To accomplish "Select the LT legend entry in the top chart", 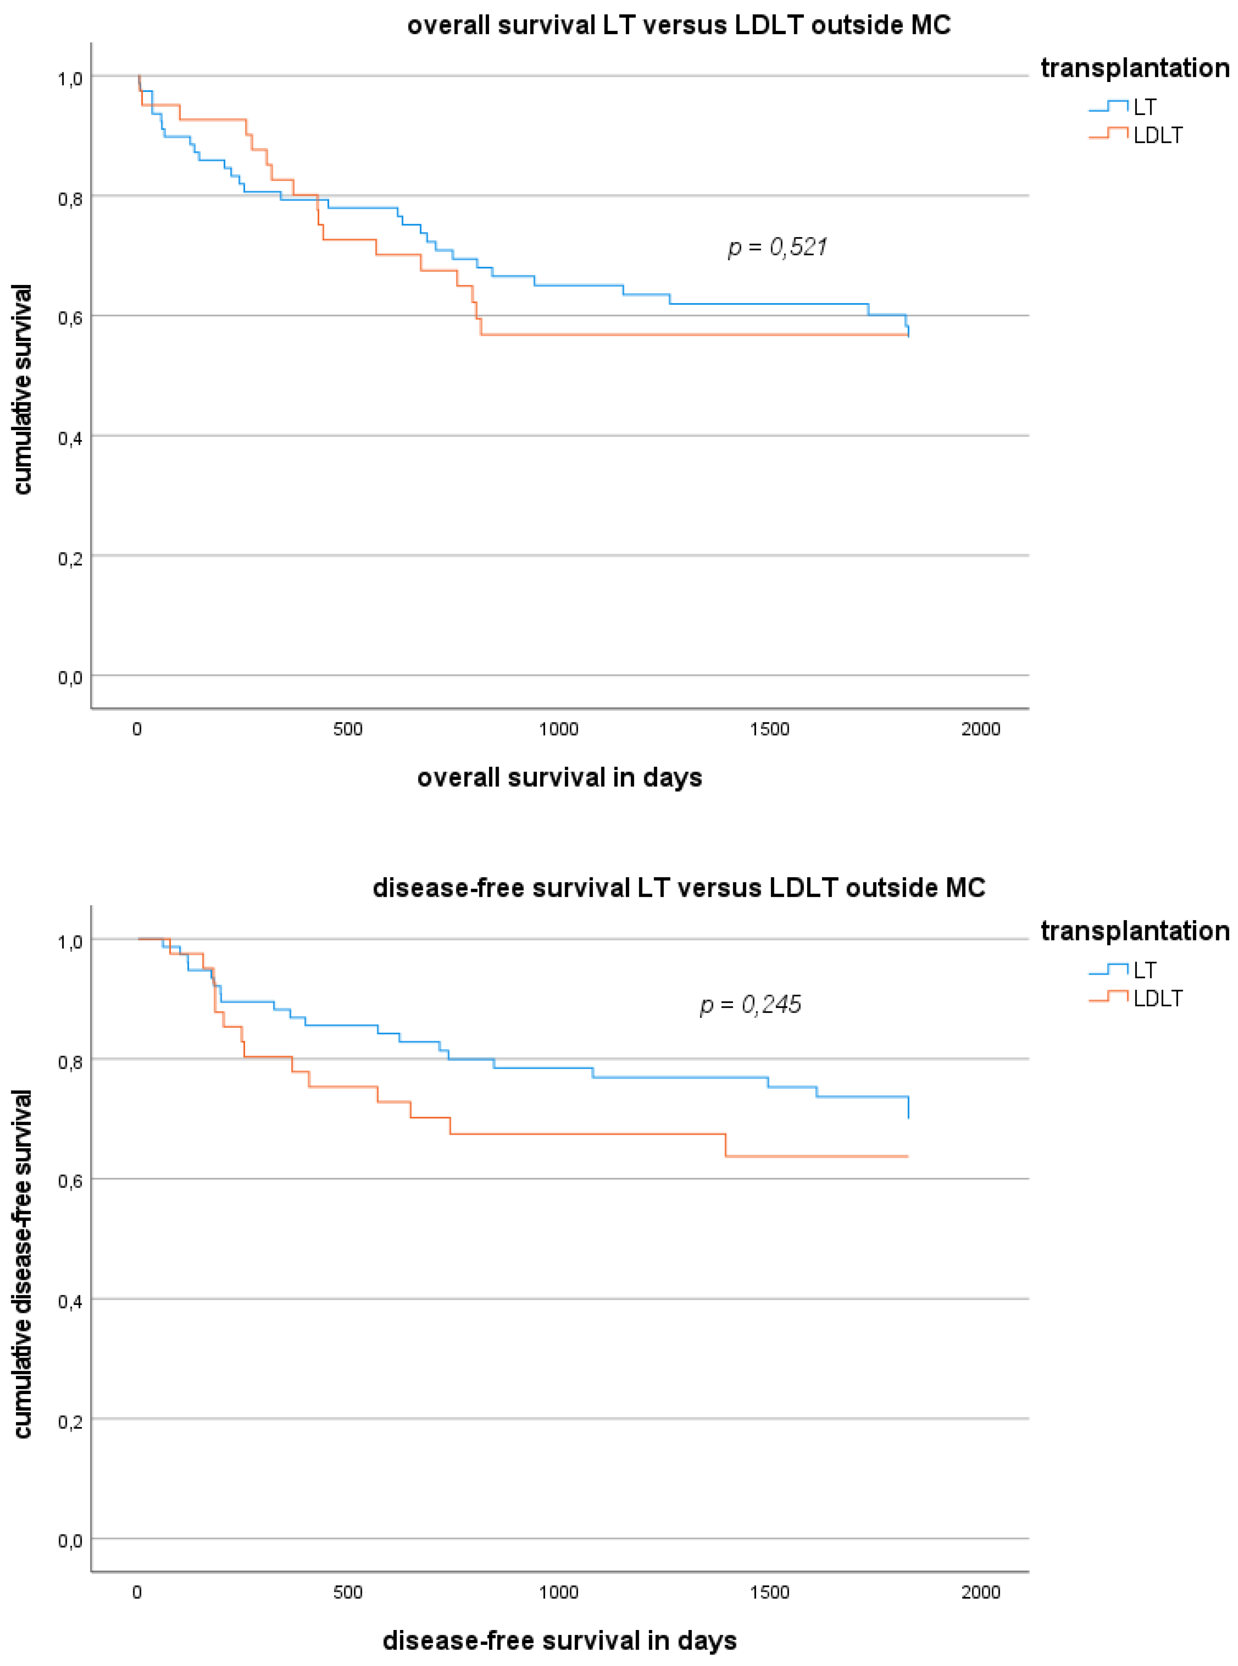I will tap(1144, 107).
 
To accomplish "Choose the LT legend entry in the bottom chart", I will tap(1144, 970).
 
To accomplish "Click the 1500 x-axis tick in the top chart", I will tap(770, 729).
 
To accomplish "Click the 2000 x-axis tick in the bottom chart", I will tap(980, 1592).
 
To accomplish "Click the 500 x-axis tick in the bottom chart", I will tap(348, 1592).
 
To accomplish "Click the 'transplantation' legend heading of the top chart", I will tap(1135, 68).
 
